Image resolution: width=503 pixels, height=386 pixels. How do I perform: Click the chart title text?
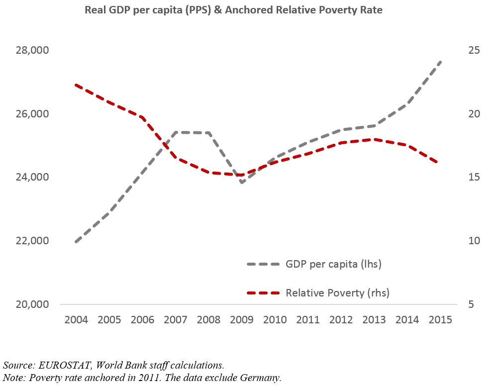(x=233, y=10)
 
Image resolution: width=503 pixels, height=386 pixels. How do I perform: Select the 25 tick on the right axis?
(x=474, y=51)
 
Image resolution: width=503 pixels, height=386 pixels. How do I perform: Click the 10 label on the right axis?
(x=474, y=241)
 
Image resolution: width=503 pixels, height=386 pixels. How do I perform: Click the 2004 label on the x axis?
(x=76, y=319)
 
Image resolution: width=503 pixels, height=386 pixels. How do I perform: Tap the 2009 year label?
(x=242, y=319)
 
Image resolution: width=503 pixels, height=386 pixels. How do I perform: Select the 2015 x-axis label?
(x=440, y=319)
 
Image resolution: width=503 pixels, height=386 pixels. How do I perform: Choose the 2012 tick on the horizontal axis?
(x=341, y=319)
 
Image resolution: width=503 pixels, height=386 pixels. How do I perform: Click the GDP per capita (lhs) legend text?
(x=333, y=264)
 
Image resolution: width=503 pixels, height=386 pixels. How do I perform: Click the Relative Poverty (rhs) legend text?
(x=337, y=293)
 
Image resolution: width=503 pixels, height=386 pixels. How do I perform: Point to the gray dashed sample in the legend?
(x=264, y=264)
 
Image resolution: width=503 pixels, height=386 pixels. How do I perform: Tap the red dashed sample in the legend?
(x=264, y=293)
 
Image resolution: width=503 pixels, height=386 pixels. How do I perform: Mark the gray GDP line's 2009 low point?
(x=242, y=183)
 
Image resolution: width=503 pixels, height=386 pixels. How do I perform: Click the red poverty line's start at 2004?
(x=76, y=85)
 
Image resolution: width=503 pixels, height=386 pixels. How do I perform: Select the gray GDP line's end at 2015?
(x=441, y=61)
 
